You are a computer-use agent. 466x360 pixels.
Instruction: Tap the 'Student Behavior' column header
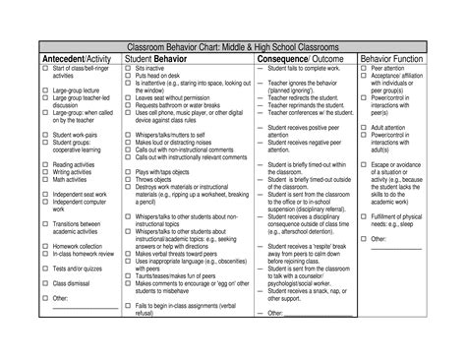[161, 59]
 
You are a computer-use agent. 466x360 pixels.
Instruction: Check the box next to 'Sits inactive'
[129, 69]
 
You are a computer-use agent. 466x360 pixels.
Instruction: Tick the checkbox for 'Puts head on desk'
[129, 76]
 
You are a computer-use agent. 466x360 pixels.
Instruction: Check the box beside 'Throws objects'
[129, 180]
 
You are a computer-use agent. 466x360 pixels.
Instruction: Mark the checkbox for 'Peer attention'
[366, 69]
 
